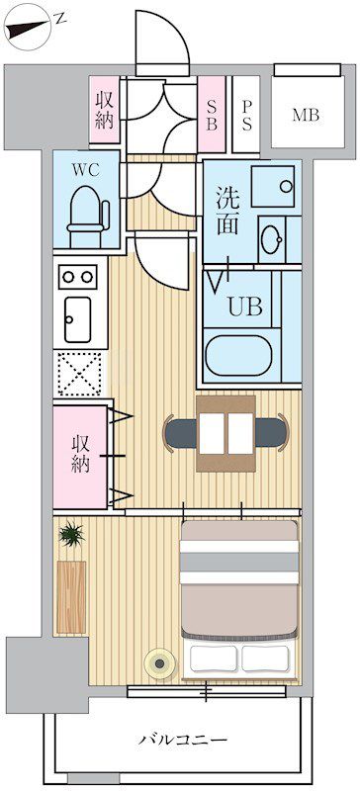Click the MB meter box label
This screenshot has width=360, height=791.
306,115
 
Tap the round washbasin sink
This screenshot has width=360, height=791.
271,237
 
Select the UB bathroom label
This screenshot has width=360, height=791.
246,306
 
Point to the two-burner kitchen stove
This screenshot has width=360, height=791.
77,276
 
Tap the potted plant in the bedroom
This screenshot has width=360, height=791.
71,537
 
